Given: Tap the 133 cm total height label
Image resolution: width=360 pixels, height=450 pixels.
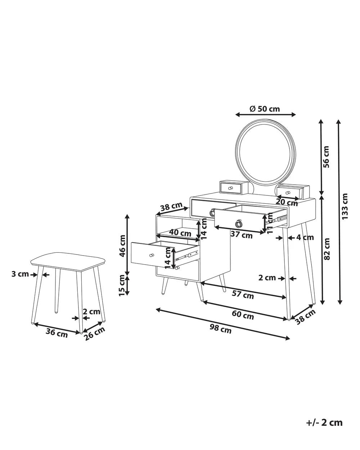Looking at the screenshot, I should coord(345,207).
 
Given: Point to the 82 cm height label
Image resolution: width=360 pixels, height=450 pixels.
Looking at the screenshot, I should coord(327,248).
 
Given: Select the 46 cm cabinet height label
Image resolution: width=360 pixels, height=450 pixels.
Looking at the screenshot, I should coord(122,246).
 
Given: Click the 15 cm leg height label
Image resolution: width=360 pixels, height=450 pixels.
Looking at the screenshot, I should coord(122,285).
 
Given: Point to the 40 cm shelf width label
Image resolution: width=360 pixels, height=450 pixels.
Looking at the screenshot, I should coord(180,233).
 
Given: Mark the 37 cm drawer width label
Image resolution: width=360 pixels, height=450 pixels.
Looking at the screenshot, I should coord(241,235).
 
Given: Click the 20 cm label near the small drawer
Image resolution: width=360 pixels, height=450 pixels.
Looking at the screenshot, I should coord(287,202).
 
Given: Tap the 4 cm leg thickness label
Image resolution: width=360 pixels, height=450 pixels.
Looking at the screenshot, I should coord(305,237).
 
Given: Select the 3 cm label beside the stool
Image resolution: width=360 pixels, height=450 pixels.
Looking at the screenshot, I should coord(20,274).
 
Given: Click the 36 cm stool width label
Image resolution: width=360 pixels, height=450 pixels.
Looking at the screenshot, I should coord(57,332).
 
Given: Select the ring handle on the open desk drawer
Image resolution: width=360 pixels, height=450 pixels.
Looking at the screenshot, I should coord(238,224).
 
